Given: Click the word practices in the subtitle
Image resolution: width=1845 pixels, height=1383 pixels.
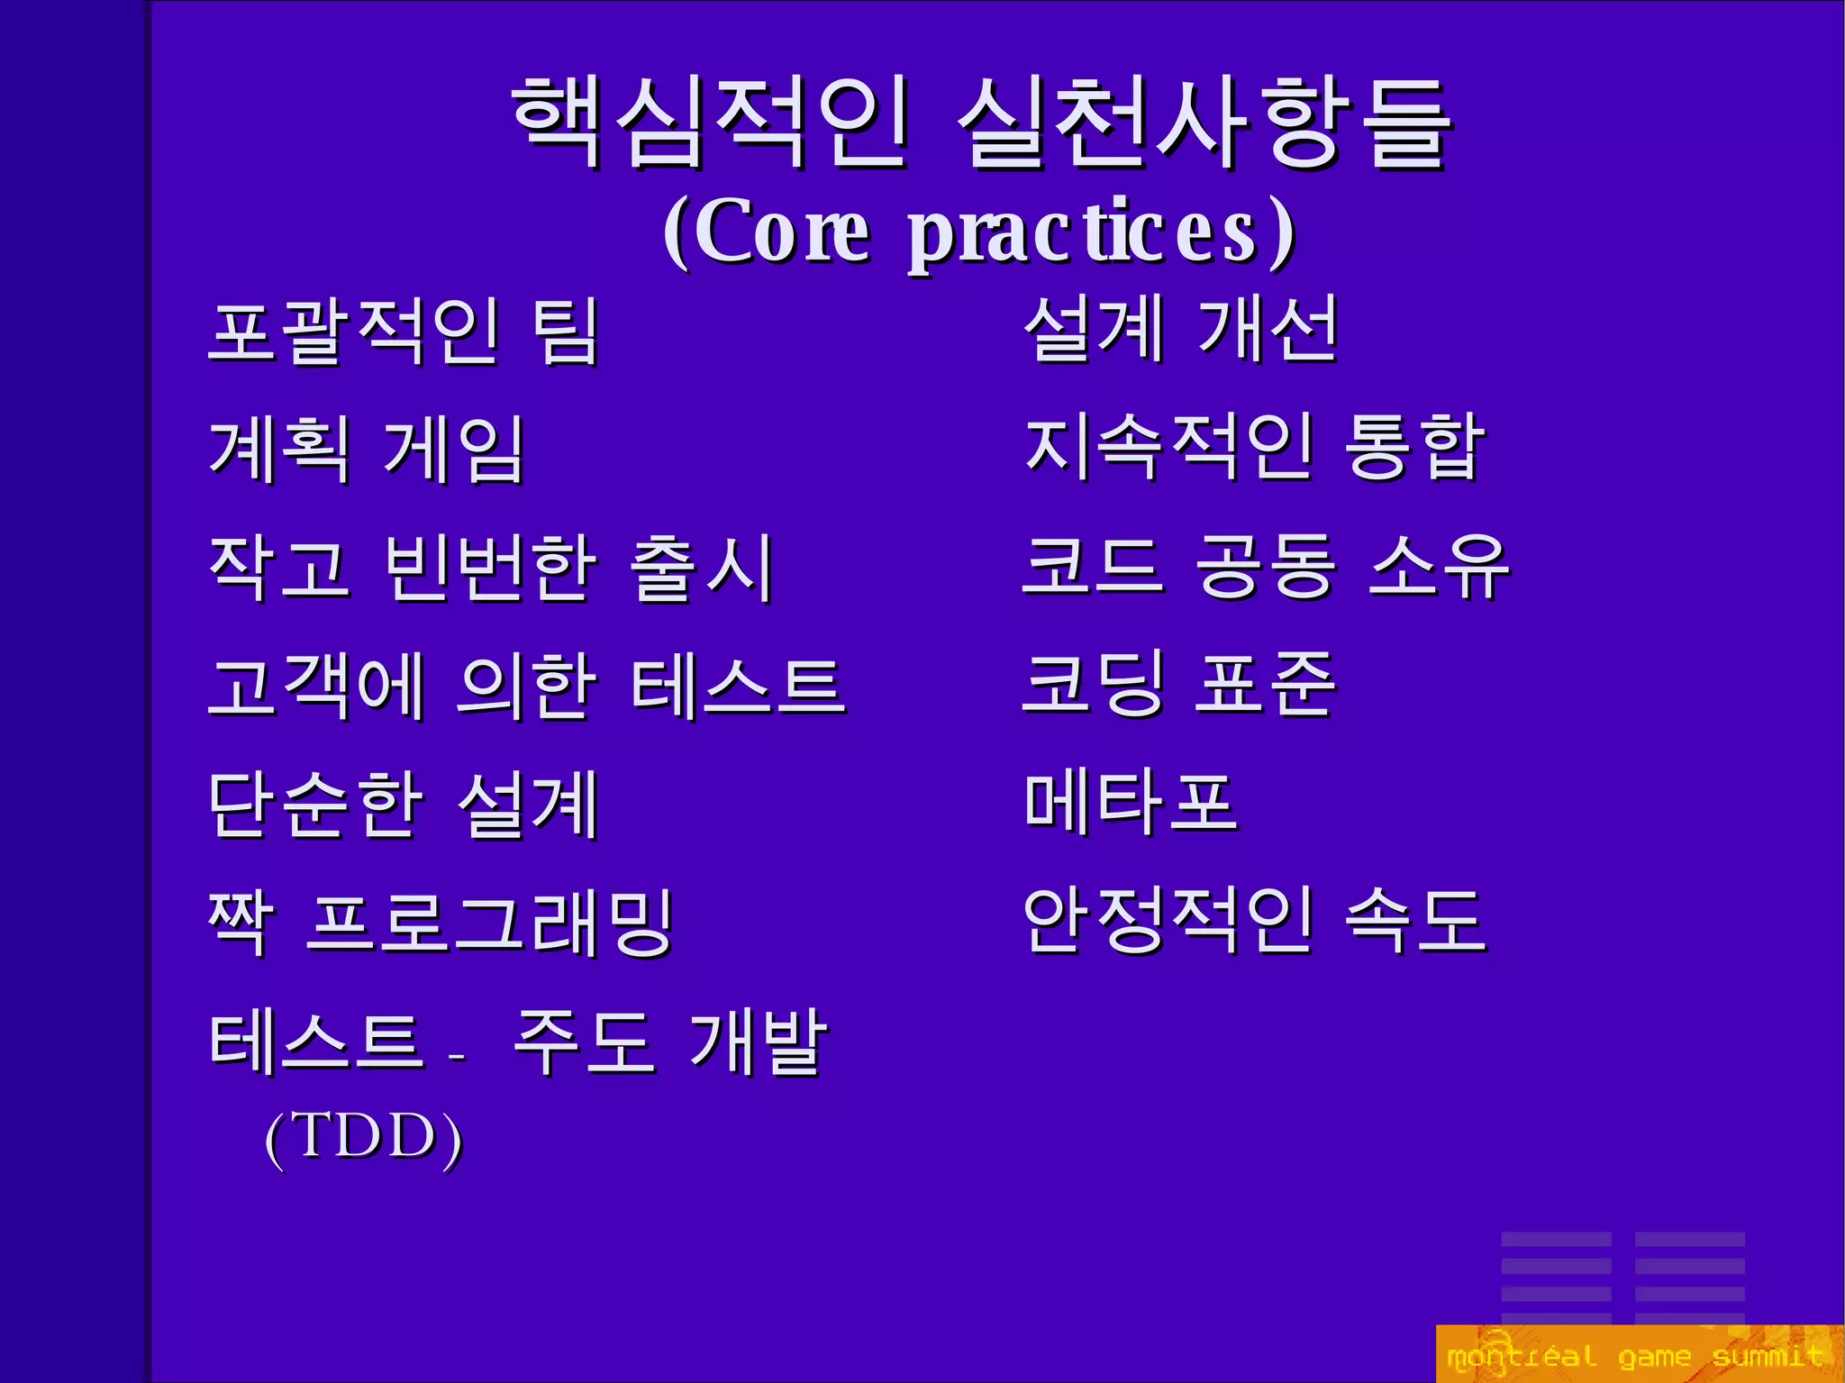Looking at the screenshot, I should [1101, 232].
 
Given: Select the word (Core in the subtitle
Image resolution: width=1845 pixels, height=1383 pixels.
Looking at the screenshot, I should [767, 232].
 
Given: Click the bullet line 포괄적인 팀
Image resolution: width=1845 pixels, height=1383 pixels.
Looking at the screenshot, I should [403, 332].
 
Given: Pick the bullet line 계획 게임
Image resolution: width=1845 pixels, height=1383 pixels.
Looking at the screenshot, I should [366, 450].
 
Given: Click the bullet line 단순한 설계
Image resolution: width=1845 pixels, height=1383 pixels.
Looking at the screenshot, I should [403, 805].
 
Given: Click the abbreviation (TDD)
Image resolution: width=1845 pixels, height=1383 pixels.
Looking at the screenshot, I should [364, 1137].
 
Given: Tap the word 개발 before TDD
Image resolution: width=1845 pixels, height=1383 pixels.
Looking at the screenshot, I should [757, 1042].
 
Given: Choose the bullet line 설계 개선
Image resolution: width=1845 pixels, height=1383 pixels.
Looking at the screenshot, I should [1180, 329].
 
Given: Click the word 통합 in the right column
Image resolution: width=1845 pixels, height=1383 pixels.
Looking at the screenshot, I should [1413, 447].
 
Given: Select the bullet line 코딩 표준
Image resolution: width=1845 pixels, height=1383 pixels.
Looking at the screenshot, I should [1177, 684].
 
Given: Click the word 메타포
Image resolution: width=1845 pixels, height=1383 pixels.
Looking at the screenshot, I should [1131, 802].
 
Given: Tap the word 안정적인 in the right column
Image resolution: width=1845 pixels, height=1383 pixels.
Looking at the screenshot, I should [1168, 920].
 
